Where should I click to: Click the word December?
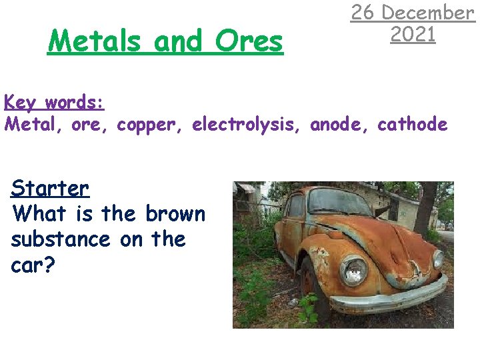431,13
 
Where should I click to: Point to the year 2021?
413,34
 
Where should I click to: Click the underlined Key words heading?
54,103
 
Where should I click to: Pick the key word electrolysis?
247,125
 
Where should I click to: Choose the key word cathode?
412,125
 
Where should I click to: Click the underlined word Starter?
50,189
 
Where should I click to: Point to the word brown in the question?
175,214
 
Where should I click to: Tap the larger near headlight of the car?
353,270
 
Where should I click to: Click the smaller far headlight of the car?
438,259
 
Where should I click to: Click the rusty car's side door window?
295,206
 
